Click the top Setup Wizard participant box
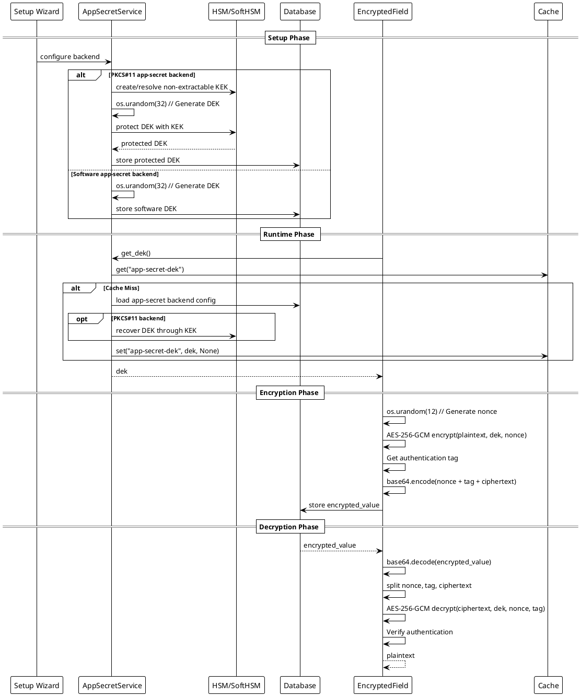[37, 11]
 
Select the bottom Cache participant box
[548, 686]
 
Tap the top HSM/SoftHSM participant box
[236, 11]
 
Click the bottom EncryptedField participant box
[382, 686]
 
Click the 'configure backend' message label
[70, 56]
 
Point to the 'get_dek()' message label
[136, 253]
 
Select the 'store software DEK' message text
[146, 209]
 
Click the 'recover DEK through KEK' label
[156, 331]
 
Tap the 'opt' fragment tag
[82, 319]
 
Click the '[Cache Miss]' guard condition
[121, 288]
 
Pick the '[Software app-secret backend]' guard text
[114, 174]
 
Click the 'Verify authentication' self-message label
[420, 632]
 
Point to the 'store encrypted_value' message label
[344, 505]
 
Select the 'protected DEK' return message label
[144, 144]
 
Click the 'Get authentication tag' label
[422, 458]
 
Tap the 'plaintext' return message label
[401, 656]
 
